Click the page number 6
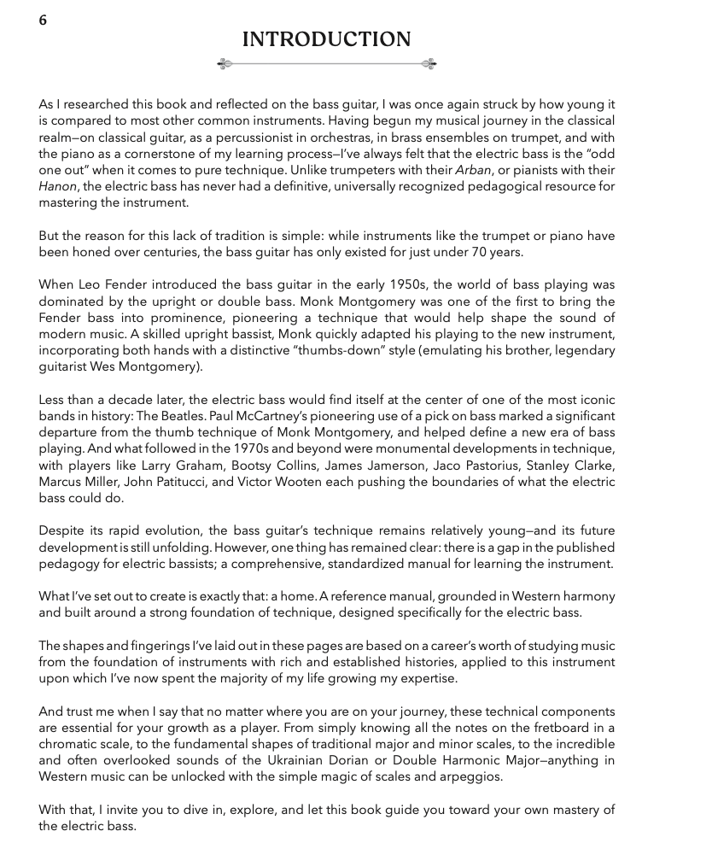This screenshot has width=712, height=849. (x=43, y=20)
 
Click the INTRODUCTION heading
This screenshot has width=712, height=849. (x=327, y=39)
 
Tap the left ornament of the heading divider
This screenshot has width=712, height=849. (x=225, y=64)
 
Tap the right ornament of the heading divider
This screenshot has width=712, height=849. (x=429, y=64)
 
